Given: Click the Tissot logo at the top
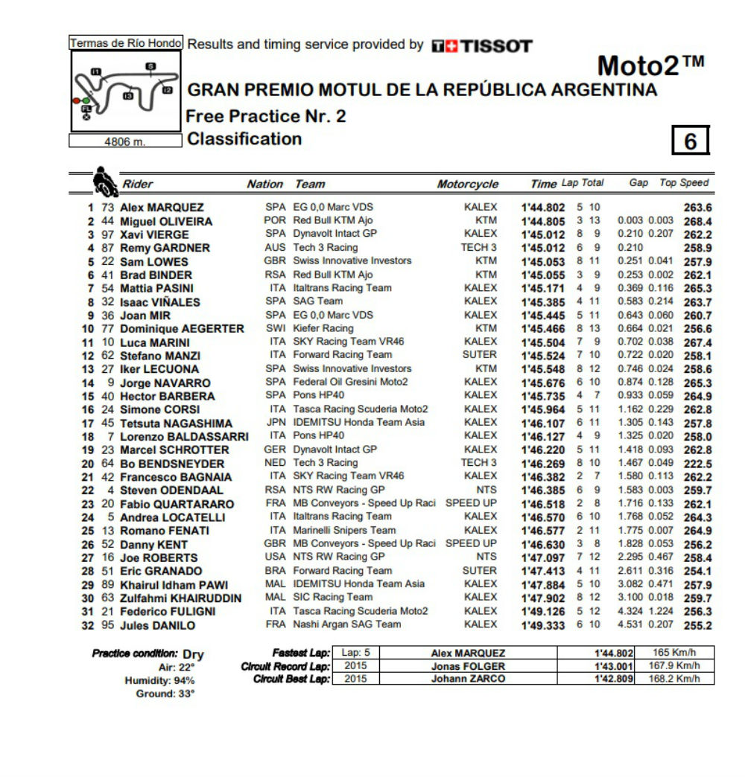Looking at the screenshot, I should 482,46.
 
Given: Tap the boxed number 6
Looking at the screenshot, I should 691,141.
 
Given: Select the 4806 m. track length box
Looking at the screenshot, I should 125,141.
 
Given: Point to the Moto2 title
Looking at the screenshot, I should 650,66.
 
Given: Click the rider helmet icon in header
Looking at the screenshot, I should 103,181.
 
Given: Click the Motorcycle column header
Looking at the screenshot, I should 467,184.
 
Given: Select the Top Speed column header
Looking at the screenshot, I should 684,182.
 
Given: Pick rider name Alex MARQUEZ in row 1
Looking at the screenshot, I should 162,208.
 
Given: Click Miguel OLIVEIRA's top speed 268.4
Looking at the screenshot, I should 698,221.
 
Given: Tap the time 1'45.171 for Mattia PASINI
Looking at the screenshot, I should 544,288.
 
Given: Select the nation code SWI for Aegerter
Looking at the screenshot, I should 275,328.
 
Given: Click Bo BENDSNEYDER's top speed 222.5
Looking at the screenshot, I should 698,463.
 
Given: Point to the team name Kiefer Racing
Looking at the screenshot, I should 323,328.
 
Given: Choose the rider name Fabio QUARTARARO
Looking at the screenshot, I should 177,504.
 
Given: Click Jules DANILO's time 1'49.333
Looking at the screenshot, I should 544,624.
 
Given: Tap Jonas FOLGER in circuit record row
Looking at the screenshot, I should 468,666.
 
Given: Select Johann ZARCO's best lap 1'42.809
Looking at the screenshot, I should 613,679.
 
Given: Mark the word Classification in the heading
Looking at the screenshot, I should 244,139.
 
